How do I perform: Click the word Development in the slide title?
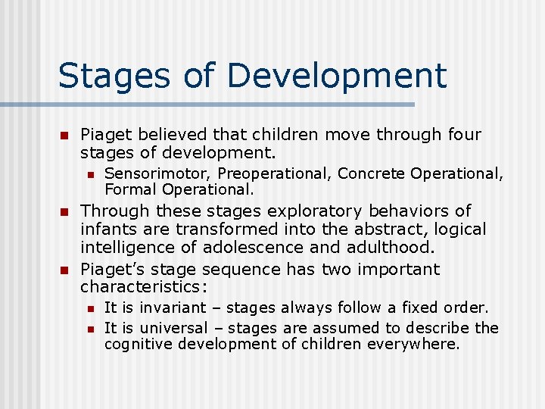336,76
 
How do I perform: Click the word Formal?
131,189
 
